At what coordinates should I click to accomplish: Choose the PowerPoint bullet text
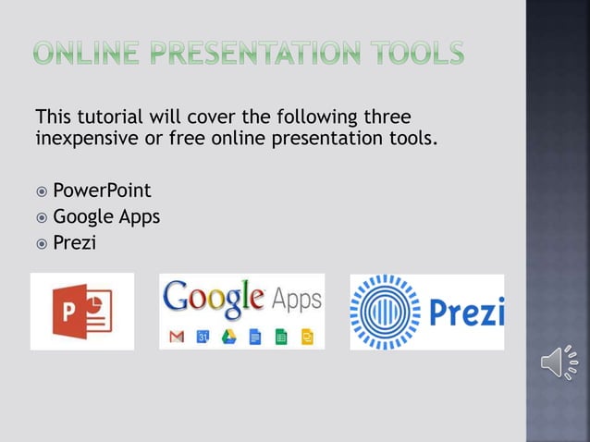[x=102, y=191]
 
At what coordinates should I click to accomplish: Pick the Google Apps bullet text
[x=106, y=217]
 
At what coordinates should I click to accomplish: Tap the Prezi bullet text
[x=75, y=243]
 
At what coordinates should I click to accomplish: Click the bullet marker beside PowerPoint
[x=41, y=192]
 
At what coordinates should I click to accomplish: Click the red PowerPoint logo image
[x=82, y=311]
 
